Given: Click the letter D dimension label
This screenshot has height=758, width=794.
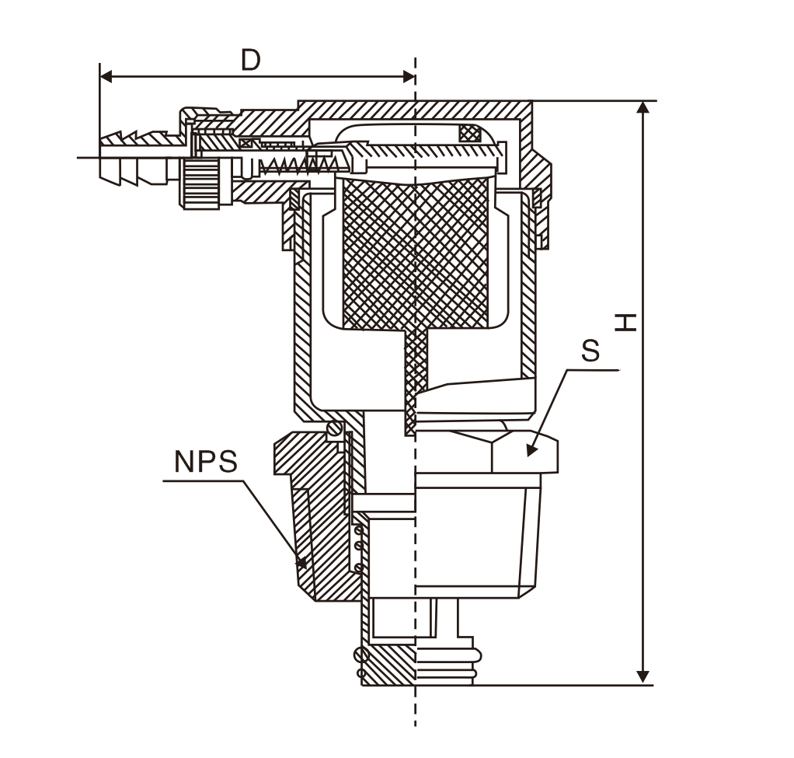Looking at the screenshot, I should click(250, 60).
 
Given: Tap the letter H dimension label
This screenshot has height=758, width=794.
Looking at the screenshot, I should click(625, 322).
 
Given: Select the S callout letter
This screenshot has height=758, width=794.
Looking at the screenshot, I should click(590, 351).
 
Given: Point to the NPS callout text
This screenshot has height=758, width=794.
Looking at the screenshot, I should click(205, 462).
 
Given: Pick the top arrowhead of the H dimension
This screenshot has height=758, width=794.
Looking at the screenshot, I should click(643, 108).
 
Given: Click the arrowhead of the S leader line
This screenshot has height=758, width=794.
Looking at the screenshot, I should click(531, 449).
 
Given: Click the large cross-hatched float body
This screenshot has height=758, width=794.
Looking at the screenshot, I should click(416, 253).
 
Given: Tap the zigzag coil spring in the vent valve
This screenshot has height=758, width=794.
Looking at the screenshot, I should click(289, 164).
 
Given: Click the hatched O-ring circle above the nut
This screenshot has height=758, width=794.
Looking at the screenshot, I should click(335, 428).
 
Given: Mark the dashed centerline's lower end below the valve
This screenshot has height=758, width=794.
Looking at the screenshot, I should click(416, 719).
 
